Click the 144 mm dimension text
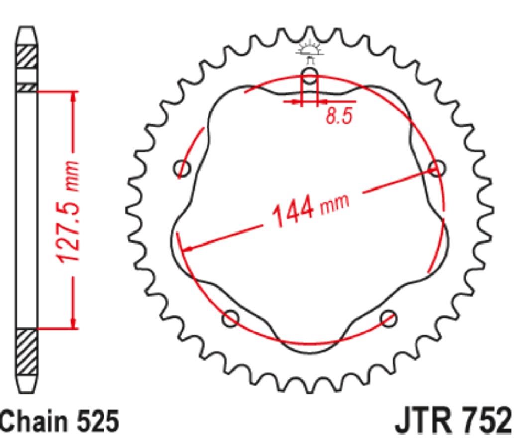(311, 210)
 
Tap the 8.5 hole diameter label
(339, 116)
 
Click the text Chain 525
(60, 421)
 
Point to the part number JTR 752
(453, 421)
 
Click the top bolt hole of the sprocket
(310, 75)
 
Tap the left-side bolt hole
(182, 168)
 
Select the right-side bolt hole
(437, 168)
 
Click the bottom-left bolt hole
(231, 318)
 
